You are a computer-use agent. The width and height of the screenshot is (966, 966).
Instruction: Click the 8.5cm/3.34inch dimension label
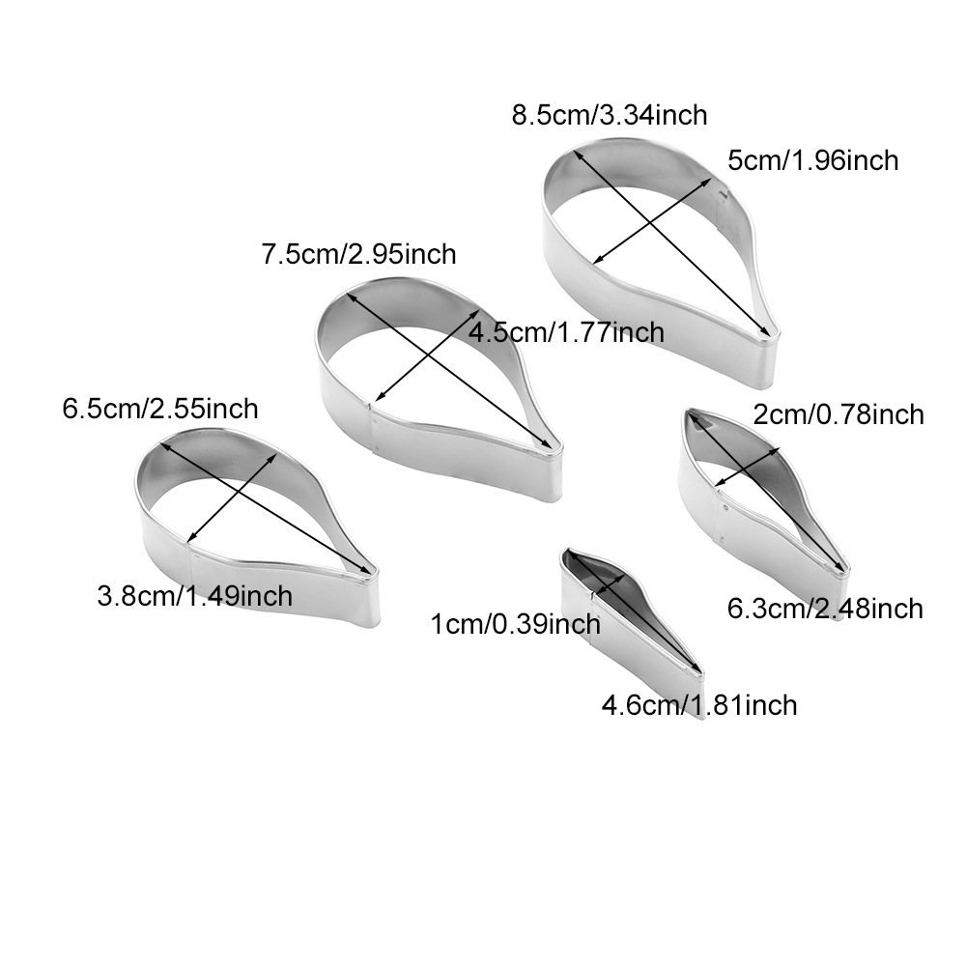tap(610, 116)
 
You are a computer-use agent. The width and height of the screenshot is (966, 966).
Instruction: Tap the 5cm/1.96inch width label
tap(812, 159)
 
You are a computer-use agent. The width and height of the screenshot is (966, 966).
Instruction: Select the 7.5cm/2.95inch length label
tap(358, 255)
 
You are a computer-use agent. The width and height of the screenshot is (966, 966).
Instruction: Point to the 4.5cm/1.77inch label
tap(566, 333)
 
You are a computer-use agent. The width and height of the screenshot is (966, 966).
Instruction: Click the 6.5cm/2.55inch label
tap(160, 409)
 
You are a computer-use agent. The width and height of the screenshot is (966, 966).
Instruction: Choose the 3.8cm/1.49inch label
tap(194, 596)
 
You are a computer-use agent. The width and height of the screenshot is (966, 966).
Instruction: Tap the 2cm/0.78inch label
tap(838, 414)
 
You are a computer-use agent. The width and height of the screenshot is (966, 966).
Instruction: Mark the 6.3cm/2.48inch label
tap(825, 609)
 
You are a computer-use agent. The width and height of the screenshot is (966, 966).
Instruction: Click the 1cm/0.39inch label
tap(515, 625)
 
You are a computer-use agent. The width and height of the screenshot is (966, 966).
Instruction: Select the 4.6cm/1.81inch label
tap(699, 705)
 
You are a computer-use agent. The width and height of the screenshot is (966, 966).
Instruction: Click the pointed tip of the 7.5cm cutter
tap(554, 451)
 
